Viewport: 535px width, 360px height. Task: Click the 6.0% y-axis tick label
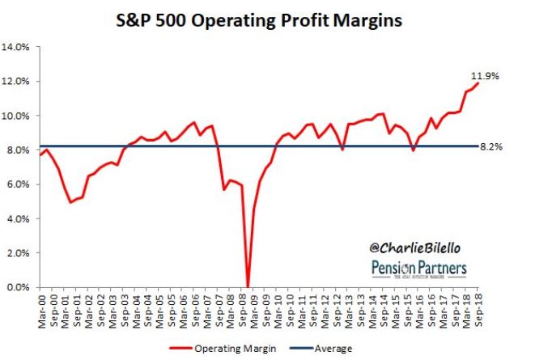tap(18, 184)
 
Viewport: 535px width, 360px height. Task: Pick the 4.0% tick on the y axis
tap(18, 218)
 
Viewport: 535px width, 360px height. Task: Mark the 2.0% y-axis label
tap(18, 253)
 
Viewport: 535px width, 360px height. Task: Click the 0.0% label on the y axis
tap(18, 287)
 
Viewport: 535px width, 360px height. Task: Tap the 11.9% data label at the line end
tap(485, 75)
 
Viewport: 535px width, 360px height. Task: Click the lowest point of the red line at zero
tap(248, 286)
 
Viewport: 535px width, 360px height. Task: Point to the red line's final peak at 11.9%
tap(478, 83)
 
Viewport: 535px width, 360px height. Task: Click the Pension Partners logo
tap(419, 269)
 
